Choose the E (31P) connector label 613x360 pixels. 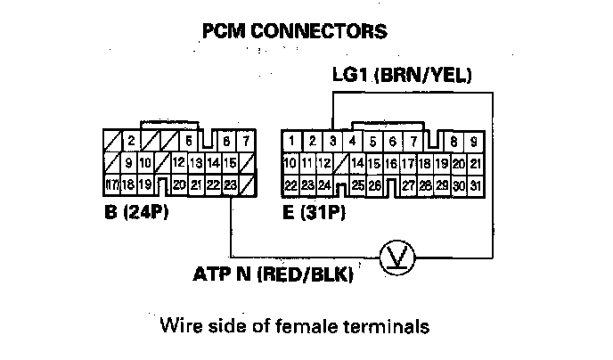(x=313, y=214)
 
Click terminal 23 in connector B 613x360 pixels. (x=231, y=184)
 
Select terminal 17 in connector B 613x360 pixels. (x=112, y=184)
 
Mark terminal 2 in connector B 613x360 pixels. (x=130, y=141)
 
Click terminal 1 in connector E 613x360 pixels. (x=290, y=141)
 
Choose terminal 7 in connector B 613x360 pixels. (x=246, y=141)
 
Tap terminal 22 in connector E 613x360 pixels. (x=290, y=184)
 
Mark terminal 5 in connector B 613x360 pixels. (x=189, y=141)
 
